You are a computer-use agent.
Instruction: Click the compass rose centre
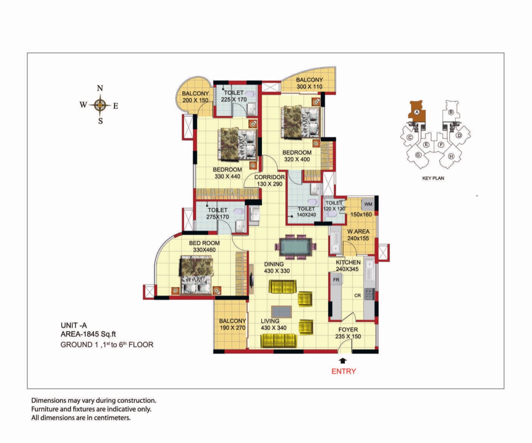click(100, 105)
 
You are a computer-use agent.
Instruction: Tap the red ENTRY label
click(343, 371)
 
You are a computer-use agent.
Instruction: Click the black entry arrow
click(343, 360)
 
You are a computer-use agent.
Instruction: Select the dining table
click(296, 247)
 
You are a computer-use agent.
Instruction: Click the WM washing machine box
click(368, 204)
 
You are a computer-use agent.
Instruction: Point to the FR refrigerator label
click(336, 280)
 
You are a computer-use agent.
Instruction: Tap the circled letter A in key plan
click(417, 112)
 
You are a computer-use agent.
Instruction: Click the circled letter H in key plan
click(451, 157)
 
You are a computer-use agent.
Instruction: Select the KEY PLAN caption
click(433, 178)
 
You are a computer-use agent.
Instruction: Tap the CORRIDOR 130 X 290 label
click(270, 180)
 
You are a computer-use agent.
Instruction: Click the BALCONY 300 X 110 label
click(309, 83)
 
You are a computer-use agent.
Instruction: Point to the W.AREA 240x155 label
click(358, 235)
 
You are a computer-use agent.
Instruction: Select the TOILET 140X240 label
click(306, 212)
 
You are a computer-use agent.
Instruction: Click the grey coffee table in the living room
click(281, 311)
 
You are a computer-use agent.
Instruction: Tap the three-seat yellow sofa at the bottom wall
click(279, 341)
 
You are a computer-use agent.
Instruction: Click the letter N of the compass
click(100, 88)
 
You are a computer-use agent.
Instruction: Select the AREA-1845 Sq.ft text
click(88, 334)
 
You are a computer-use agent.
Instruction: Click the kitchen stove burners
click(369, 294)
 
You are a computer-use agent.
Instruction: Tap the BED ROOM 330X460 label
click(204, 246)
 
